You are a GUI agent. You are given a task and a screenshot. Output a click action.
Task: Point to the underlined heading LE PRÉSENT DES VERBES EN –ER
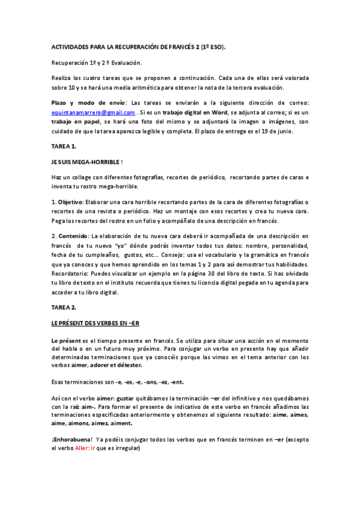(x=95, y=324)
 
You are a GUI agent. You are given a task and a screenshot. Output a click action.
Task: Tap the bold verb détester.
(x=129, y=365)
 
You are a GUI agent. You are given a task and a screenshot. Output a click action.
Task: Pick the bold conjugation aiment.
(x=119, y=423)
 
